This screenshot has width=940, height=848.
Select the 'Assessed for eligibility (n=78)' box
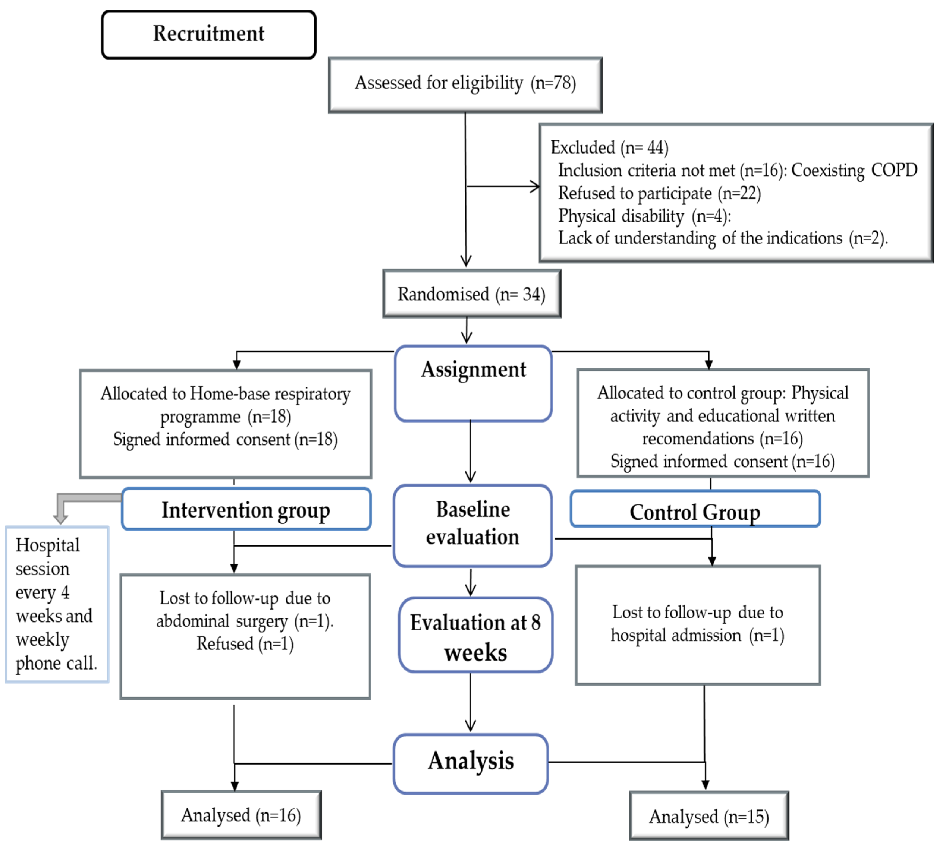pyautogui.click(x=465, y=85)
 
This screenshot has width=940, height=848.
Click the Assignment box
pyautogui.click(x=473, y=383)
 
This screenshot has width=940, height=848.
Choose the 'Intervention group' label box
pyautogui.click(x=246, y=509)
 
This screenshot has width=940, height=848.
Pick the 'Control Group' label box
pyautogui.click(x=695, y=509)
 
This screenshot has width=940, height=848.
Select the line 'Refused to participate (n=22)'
pyautogui.click(x=659, y=193)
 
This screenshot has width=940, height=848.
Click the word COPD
pyautogui.click(x=894, y=170)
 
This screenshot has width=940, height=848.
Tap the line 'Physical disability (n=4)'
pyautogui.click(x=644, y=216)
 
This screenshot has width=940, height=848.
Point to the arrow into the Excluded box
pyautogui.click(x=503, y=186)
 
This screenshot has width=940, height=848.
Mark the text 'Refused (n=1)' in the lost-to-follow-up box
pyautogui.click(x=245, y=644)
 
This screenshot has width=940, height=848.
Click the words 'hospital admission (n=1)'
pyautogui.click(x=697, y=635)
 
